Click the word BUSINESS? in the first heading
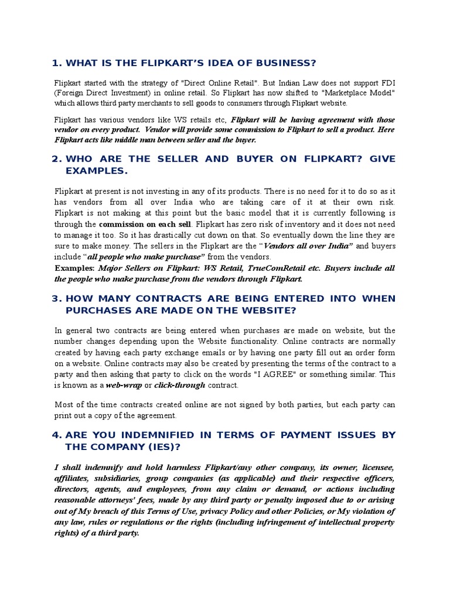click(285, 63)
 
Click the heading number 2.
click(56, 159)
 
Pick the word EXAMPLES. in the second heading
click(96, 171)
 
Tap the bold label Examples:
click(74, 268)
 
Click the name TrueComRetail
click(260, 268)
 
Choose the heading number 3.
click(56, 298)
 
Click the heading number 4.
click(56, 435)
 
